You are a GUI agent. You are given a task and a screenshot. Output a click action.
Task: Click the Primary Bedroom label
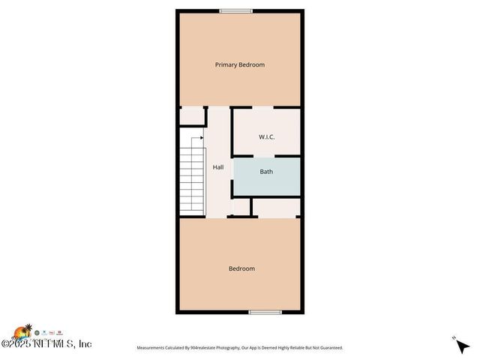click(x=239, y=65)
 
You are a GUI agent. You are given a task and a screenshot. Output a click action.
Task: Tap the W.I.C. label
click(x=266, y=137)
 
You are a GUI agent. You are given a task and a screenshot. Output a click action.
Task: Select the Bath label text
click(x=266, y=172)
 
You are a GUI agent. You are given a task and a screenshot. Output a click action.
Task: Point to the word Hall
click(x=218, y=167)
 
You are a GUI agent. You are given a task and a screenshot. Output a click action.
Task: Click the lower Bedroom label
click(x=241, y=268)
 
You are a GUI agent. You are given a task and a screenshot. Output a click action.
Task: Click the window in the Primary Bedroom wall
click(x=235, y=10)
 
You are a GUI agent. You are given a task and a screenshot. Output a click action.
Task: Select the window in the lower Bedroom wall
click(x=265, y=311)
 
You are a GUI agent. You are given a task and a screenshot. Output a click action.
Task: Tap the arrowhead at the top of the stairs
click(x=202, y=137)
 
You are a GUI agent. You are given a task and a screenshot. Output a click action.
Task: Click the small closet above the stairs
click(x=193, y=116)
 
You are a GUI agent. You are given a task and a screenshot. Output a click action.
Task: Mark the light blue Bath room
click(x=268, y=178)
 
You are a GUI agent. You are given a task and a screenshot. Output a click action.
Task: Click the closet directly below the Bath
click(x=276, y=206)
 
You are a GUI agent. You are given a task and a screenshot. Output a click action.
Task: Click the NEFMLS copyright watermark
click(x=46, y=343)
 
